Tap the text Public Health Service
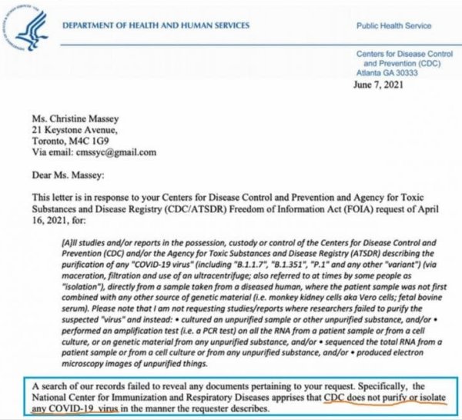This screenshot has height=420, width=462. (393, 26)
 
